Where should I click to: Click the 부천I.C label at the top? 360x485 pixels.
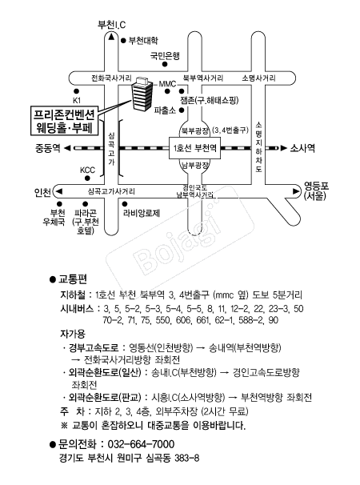pyautogui.click(x=112, y=25)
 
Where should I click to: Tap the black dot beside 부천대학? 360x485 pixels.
pyautogui.click(x=123, y=40)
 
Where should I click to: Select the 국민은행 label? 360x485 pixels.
pyautogui.click(x=165, y=56)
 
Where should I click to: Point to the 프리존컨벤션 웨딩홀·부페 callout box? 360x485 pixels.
pyautogui.click(x=64, y=121)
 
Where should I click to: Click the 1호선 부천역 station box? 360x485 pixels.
pyautogui.click(x=195, y=148)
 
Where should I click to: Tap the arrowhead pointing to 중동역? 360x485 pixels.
pyautogui.click(x=67, y=148)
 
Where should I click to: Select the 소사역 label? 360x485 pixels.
pyautogui.click(x=302, y=148)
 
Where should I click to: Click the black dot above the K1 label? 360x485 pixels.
pyautogui.click(x=76, y=91)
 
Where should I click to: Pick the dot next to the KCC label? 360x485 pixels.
pyautogui.click(x=87, y=178)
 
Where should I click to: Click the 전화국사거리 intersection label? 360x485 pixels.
pyautogui.click(x=111, y=78)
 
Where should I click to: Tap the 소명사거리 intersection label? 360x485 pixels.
pyautogui.click(x=258, y=78)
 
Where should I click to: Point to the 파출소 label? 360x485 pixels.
pyautogui.click(x=165, y=110)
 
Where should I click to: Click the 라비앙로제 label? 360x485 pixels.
pyautogui.click(x=142, y=213)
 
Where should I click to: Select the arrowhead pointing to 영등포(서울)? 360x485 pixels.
pyautogui.click(x=296, y=191)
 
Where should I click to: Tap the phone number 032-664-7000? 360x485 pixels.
pyautogui.click(x=141, y=444)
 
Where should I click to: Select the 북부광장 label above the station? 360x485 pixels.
pyautogui.click(x=195, y=130)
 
